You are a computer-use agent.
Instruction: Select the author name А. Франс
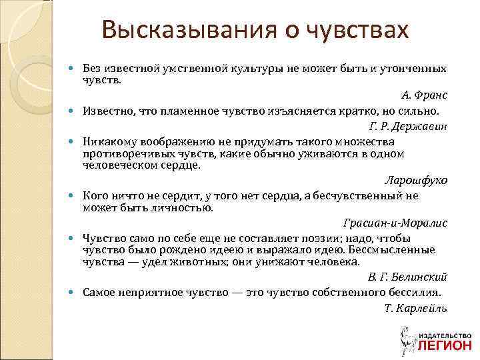[425, 95]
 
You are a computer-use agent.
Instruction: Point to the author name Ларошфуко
[417, 180]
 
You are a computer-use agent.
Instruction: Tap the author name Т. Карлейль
[416, 307]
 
